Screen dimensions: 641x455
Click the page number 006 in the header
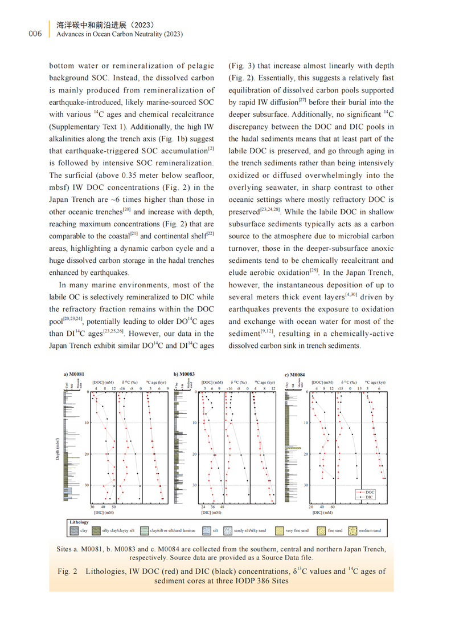(35, 34)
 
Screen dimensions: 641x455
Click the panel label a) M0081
(74, 375)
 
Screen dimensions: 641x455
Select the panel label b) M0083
(185, 375)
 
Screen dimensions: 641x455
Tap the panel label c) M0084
(294, 375)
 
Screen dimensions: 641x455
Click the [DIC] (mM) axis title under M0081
(103, 513)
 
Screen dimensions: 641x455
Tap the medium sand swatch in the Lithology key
(352, 530)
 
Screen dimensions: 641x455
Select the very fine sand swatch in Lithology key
(280, 530)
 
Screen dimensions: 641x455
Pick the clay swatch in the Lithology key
(74, 530)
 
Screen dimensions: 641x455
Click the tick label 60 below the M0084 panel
(333, 506)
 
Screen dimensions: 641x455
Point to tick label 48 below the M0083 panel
(222, 506)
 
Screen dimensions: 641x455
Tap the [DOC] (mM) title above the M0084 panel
(322, 383)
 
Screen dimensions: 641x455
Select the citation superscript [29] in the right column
(313, 269)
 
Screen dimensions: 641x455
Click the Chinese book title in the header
(106, 25)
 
